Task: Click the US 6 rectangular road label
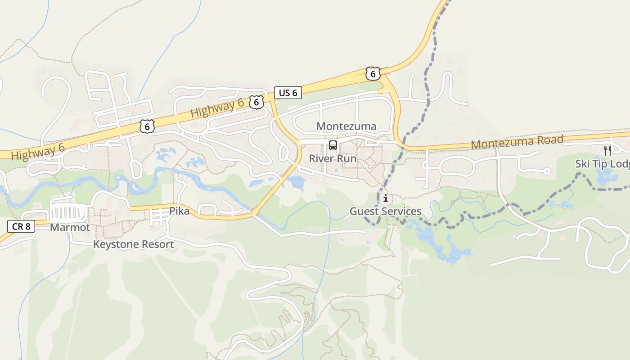[x=288, y=93]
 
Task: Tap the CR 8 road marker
[x=21, y=226]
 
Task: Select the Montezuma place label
[x=346, y=126]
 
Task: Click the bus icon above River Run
[x=333, y=145]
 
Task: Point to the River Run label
[x=333, y=159]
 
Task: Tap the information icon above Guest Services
[x=386, y=198]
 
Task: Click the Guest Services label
[x=386, y=211]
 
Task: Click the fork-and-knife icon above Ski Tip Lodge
[x=607, y=151]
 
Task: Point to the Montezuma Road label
[x=517, y=142]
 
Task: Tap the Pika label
[x=180, y=211]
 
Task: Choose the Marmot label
[x=70, y=228]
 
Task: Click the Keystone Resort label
[x=133, y=244]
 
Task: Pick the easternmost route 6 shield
[x=373, y=73]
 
